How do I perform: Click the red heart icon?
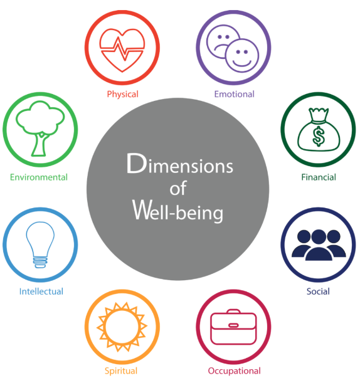[122, 50]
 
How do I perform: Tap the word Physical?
[123, 94]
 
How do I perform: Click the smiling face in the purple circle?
[241, 55]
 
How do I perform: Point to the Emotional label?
[235, 94]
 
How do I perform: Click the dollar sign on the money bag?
[319, 136]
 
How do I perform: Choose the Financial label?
[319, 177]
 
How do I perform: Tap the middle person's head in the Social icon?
[319, 236]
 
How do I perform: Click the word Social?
[318, 291]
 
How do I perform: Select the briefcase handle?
[233, 312]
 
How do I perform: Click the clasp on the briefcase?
[233, 325]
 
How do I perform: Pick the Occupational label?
[235, 371]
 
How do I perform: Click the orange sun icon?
[122, 327]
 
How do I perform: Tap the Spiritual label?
[121, 371]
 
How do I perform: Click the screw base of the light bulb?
[40, 262]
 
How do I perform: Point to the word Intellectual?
[41, 291]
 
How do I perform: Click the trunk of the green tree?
[40, 145]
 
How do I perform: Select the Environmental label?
[39, 177]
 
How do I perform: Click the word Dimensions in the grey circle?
[180, 164]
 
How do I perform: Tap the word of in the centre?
[178, 188]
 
